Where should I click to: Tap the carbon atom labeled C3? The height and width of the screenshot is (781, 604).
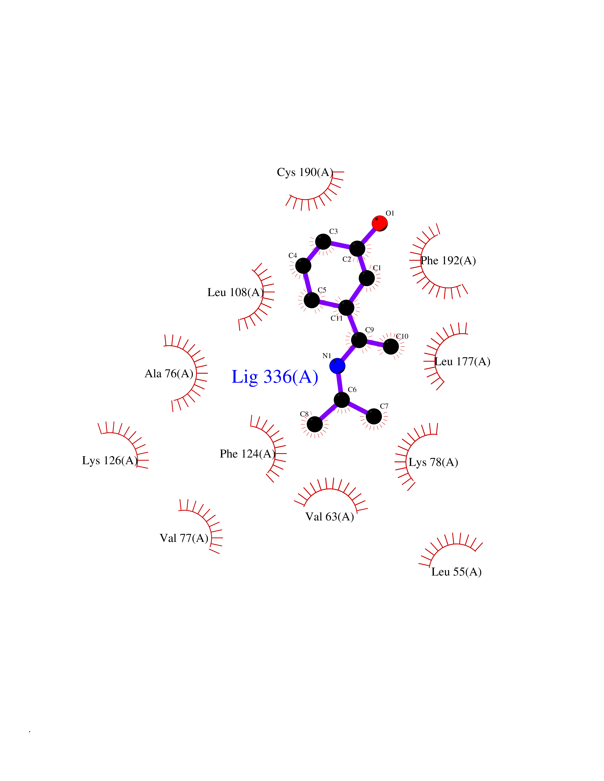[323, 242]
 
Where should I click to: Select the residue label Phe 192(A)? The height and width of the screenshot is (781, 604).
[448, 261]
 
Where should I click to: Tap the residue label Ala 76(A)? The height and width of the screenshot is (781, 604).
[169, 374]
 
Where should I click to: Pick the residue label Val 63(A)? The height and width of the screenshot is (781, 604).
[330, 517]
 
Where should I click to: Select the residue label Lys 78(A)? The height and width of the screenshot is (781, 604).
[433, 462]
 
